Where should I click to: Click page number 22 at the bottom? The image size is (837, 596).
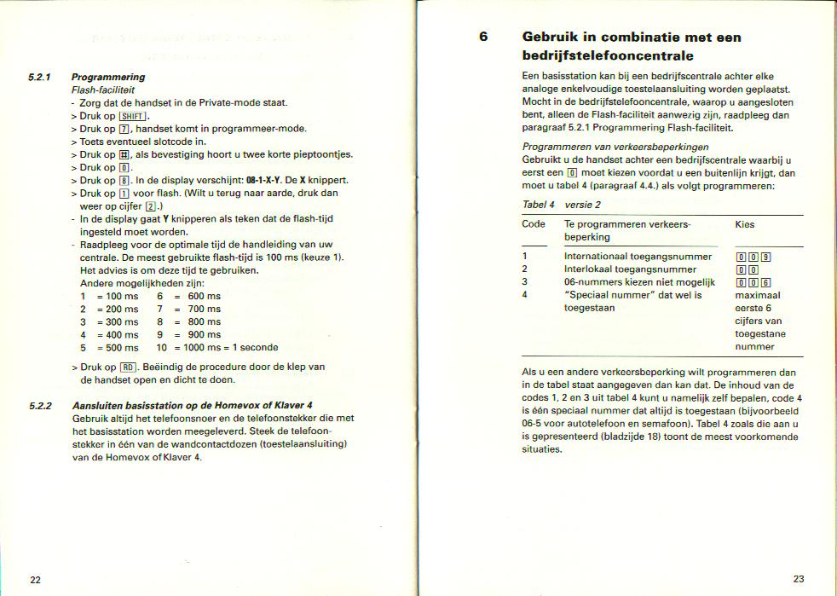coord(36,580)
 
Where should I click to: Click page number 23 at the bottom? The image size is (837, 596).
coord(799,579)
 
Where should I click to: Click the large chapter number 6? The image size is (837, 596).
coord(483,38)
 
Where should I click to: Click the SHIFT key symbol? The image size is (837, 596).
coord(134,116)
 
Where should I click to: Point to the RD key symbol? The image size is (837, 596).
coord(128,367)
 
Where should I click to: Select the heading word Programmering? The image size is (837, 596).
coord(108,77)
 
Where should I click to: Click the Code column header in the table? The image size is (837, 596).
coord(534,224)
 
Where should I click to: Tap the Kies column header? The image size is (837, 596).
coord(744,224)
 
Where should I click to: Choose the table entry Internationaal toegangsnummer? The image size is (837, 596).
coord(638,257)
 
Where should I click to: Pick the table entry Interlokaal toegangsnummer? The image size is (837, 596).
coord(630,269)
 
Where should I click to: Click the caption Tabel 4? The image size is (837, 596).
coord(539,205)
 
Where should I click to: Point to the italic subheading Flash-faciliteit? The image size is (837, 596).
coord(103,90)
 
